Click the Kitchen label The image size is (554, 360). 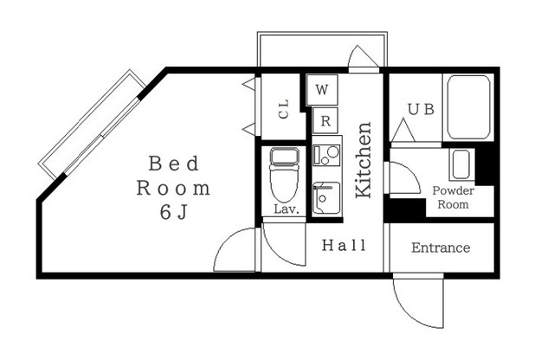click(364, 160)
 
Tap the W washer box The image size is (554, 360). click(322, 89)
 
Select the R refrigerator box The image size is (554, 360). click(325, 120)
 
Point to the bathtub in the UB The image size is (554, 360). click(468, 107)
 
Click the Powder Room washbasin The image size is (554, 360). click(461, 164)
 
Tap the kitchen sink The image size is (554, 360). click(326, 198)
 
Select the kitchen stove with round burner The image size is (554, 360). click(326, 155)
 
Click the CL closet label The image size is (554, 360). click(284, 109)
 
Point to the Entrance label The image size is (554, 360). click(441, 247)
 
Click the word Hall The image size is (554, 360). click(344, 245)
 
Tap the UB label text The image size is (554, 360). click(421, 109)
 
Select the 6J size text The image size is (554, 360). click(173, 212)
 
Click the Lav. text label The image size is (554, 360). click(287, 209)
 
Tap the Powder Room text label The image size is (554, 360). click(454, 197)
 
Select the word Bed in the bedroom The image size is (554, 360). click(174, 164)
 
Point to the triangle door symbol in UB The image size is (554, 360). click(403, 131)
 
